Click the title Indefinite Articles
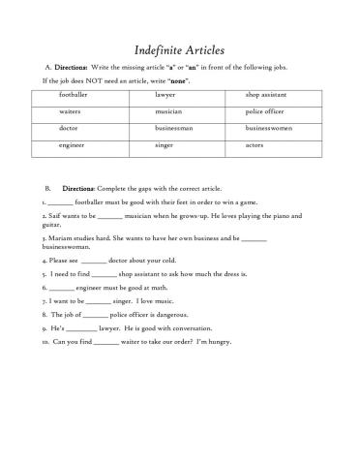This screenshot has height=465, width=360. (x=179, y=47)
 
